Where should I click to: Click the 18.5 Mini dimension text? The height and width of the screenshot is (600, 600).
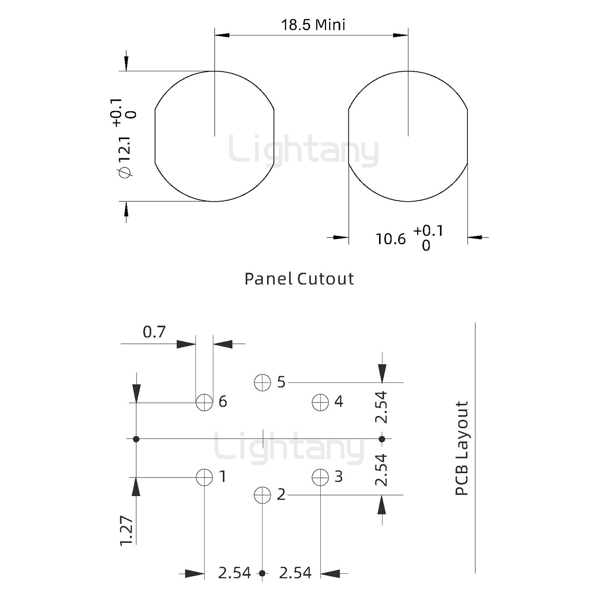tap(313, 25)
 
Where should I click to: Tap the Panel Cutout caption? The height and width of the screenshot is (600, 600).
tap(299, 279)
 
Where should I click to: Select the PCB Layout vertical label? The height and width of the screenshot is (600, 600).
tap(462, 448)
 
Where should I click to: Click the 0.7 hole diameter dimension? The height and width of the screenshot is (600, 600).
tap(154, 332)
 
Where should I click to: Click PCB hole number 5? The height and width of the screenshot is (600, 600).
tap(262, 382)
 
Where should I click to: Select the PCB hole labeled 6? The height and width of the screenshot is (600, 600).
tap(204, 402)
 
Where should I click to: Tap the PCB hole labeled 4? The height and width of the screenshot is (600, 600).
tap(320, 402)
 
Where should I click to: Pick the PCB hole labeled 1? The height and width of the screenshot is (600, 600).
tap(204, 477)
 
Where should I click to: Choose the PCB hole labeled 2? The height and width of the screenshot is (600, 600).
tap(262, 495)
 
